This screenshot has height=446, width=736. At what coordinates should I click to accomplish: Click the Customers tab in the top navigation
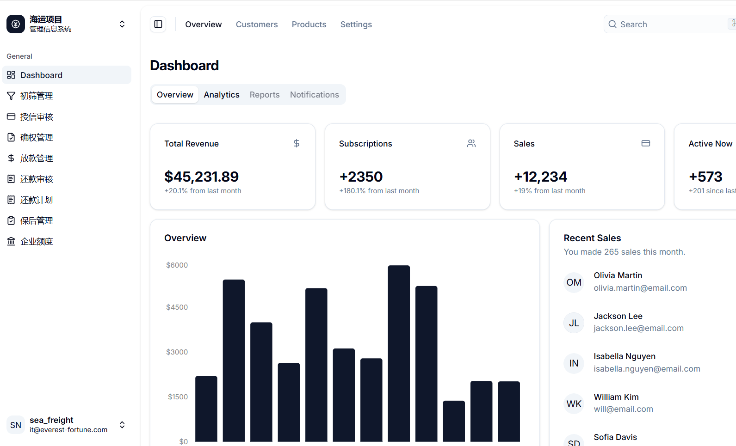[257, 24]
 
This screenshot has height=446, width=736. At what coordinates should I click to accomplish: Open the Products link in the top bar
[309, 24]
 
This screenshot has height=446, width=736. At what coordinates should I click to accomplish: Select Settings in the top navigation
[356, 24]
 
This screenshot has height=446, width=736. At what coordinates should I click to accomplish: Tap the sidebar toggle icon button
[158, 24]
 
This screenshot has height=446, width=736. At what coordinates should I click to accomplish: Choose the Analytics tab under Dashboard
[222, 95]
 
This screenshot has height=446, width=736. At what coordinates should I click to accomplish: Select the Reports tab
[265, 95]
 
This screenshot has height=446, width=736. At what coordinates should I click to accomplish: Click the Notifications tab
[314, 95]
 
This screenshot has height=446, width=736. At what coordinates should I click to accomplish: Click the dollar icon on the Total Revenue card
[297, 143]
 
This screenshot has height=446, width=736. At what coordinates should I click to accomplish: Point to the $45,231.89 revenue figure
[201, 177]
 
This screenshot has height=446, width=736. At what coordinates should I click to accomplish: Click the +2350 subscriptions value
[361, 177]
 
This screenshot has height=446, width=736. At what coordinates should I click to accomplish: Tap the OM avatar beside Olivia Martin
[574, 282]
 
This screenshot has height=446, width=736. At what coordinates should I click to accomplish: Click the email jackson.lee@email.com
[638, 328]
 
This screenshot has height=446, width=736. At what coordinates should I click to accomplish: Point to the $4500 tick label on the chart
[177, 307]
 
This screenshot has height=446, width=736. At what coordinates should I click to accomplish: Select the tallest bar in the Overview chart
[399, 354]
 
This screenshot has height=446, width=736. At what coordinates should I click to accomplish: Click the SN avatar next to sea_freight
[15, 425]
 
